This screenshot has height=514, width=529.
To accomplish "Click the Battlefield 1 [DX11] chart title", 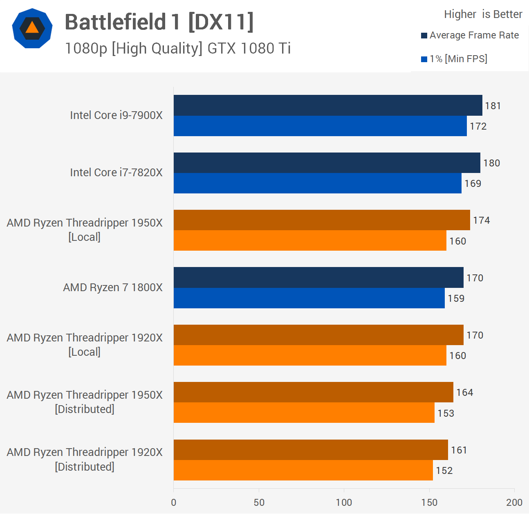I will click(159, 22).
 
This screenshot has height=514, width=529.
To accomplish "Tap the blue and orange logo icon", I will click(32, 28).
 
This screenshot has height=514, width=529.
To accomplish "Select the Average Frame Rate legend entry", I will click(470, 35).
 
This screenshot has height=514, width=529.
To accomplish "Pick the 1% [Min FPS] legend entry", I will click(454, 59).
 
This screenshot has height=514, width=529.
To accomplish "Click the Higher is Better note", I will click(483, 14).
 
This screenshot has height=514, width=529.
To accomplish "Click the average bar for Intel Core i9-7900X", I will click(328, 105).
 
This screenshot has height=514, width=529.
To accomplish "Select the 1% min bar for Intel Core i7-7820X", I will click(317, 183).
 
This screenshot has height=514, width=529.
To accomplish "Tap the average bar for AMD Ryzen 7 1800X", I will click(318, 278).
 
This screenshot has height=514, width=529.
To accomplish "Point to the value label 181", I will click(493, 106).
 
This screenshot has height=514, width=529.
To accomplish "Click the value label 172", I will click(478, 126).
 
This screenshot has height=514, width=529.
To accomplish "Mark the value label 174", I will click(481, 220).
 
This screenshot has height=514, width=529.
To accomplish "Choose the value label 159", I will click(456, 299).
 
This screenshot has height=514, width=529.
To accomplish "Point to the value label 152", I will click(444, 471).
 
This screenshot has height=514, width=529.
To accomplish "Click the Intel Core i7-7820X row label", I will click(116, 173).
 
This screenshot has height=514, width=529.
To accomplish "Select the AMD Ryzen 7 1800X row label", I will click(112, 287).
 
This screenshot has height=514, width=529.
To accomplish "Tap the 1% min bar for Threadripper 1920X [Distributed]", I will click(303, 470).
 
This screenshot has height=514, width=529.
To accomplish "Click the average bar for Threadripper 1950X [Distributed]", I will click(313, 392).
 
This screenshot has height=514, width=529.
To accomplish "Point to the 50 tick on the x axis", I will click(259, 503).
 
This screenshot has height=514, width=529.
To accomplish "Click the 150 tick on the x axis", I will click(429, 503).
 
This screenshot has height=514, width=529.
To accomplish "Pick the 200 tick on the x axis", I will click(514, 503).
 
